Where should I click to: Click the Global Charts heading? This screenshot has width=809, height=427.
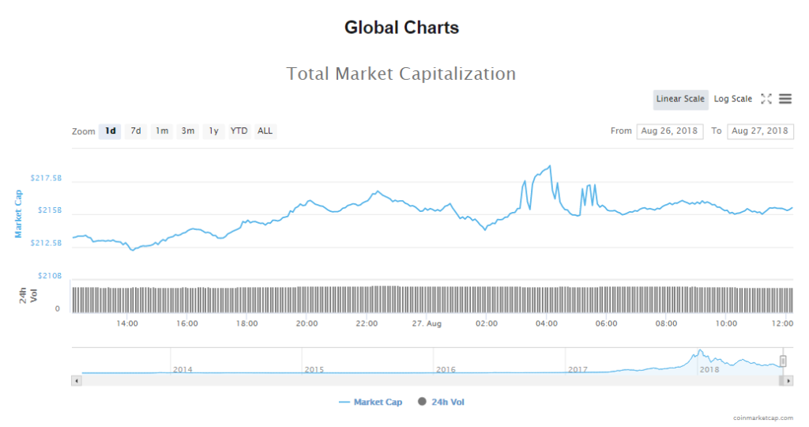(401, 28)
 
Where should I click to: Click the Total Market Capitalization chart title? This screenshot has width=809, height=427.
(401, 74)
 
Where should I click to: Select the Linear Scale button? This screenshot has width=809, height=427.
(680, 99)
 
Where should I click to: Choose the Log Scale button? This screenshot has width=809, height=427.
(733, 99)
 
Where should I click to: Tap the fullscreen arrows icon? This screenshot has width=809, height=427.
(766, 99)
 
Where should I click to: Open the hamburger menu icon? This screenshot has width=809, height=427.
(785, 99)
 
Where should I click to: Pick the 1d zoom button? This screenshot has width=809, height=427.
(110, 131)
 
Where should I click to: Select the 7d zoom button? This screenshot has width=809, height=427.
(136, 131)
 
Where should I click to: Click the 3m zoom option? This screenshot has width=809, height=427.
(188, 131)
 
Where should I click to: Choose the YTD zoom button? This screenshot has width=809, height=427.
(239, 131)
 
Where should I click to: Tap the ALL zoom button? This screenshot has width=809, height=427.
(265, 131)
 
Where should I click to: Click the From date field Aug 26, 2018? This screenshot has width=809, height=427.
(669, 131)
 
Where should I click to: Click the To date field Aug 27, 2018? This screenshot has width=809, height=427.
(760, 131)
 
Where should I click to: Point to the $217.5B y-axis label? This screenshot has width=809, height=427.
(46, 179)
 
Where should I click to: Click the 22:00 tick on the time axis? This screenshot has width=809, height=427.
(367, 323)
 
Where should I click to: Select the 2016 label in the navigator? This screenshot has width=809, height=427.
(446, 369)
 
